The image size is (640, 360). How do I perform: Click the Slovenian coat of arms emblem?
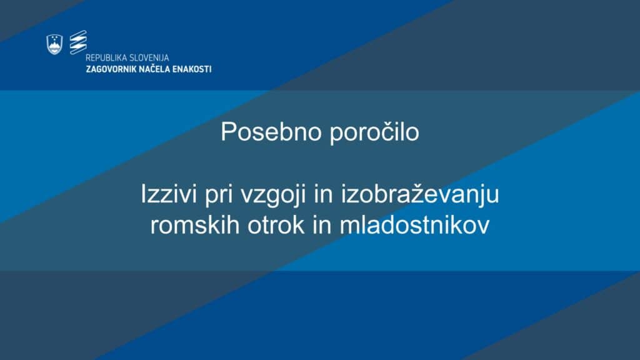coord(54,44)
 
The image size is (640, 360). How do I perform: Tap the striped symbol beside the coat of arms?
coord(78,42)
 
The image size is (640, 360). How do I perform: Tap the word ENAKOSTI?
coord(192,69)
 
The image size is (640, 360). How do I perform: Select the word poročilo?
coord(374,132)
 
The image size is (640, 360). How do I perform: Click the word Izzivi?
coord(169,194)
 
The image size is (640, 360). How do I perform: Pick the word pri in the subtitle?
coord(219,195)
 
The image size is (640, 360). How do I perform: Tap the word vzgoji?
coord(273,195)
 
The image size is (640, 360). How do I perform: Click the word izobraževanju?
coord(420,195)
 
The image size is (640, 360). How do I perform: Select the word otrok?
coord(276,225)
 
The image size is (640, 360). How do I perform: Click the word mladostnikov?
coord(414,225)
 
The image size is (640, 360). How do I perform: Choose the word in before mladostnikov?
coord(322,225)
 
